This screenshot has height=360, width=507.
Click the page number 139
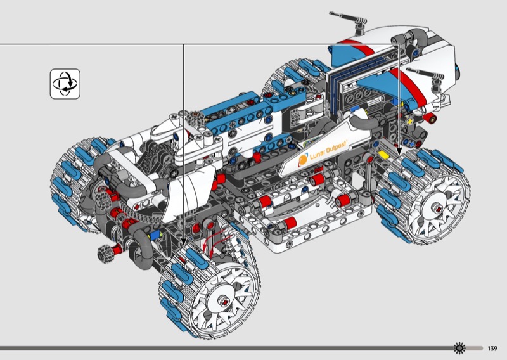pos(492,349)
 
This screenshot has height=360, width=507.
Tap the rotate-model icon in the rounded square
pos(65,84)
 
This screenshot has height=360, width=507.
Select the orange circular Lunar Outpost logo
pos(303,160)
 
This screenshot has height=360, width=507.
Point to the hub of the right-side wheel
pos(437,209)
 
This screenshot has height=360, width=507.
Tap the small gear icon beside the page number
pos(459,349)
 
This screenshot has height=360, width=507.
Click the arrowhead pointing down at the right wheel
pos(399,151)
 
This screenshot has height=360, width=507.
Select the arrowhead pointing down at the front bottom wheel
pos(183,242)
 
